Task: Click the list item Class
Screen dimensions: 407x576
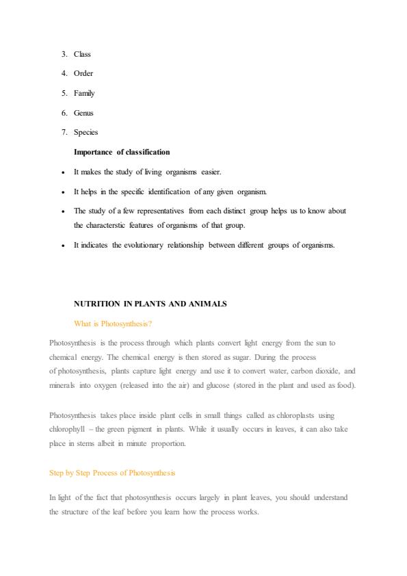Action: point(82,54)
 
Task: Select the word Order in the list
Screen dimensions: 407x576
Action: point(83,73)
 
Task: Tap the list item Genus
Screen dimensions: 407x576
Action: point(83,113)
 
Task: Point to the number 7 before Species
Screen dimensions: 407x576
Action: point(63,132)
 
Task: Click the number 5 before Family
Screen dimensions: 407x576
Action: point(63,93)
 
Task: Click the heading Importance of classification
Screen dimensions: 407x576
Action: point(122,152)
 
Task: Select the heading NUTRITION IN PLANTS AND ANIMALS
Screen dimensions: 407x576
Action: point(150,303)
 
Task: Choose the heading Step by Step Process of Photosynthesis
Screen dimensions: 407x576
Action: point(112,473)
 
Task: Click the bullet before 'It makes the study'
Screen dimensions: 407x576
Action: point(63,172)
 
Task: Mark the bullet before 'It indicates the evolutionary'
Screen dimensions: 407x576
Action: point(63,245)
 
